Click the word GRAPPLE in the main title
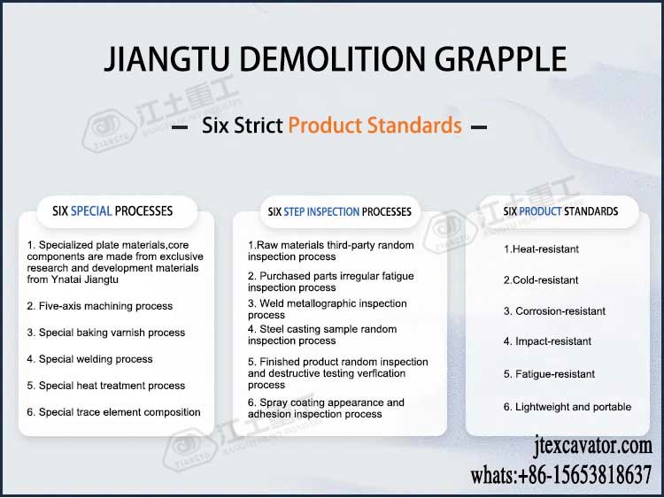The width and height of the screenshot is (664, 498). pos(500,58)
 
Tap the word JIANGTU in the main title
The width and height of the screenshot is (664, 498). pos(166,58)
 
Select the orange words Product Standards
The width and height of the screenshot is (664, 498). pos(374,126)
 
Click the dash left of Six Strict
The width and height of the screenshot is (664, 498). pos(181,127)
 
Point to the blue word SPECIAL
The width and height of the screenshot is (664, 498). pos(91,211)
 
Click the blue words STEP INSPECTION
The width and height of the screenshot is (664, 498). pos(321,211)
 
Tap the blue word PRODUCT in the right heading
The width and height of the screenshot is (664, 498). pos(540,211)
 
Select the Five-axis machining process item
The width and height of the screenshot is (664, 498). pos(100,306)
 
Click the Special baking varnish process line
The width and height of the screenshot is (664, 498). pos(106,333)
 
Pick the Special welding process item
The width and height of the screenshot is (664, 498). pos(89,359)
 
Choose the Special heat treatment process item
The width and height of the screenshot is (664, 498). pos(106,386)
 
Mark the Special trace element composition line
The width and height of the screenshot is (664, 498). pos(113,412)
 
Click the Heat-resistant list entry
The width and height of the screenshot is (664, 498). pos(541,249)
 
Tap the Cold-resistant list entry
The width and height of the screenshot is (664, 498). pos(541,280)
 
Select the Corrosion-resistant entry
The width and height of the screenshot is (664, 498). pos(554,311)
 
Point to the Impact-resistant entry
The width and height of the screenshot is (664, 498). pos(547,341)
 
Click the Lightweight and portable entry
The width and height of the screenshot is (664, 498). pos(567,407)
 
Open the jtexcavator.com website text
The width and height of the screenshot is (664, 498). pos(593,446)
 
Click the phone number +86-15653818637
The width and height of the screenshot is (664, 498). pos(585,475)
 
